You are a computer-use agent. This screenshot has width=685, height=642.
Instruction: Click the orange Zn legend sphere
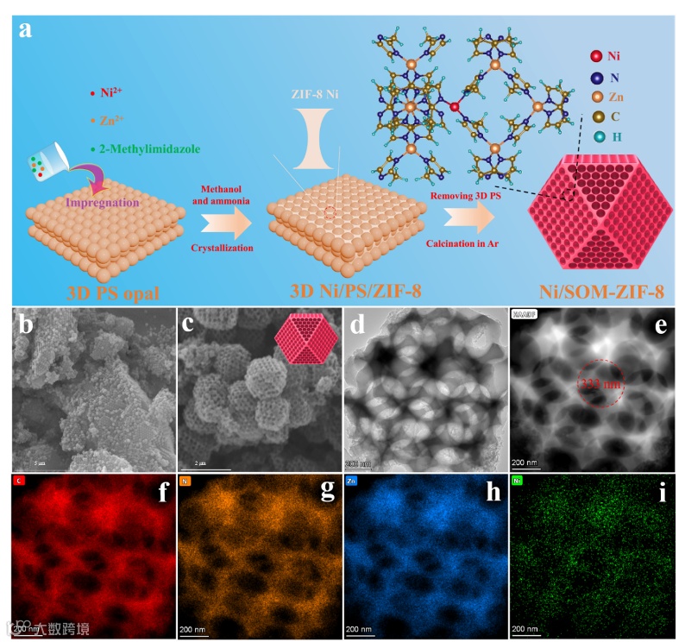tap(597, 97)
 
